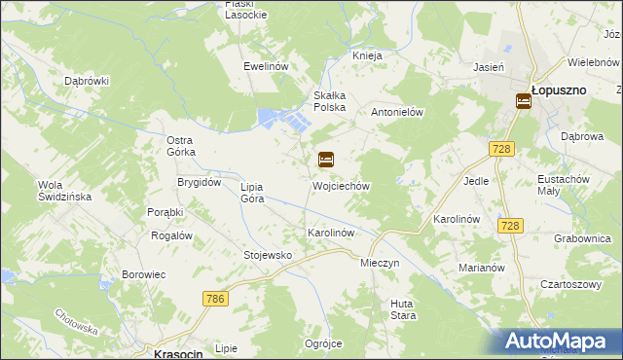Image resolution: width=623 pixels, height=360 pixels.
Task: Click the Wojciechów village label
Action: (341, 185)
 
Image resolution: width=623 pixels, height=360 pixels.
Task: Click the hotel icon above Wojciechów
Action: (326, 160)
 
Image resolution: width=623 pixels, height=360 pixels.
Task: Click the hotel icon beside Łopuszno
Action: (523, 100)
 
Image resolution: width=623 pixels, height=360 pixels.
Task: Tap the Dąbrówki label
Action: (87, 81)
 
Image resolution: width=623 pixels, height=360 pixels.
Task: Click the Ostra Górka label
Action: (181, 146)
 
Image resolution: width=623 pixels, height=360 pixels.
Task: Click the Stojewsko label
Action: (268, 255)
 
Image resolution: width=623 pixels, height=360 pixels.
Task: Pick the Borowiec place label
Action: (144, 274)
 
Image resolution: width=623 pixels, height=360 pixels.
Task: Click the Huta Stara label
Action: (403, 308)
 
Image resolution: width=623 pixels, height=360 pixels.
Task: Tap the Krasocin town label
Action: (178, 354)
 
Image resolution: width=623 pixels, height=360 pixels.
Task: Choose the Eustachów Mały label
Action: (565, 185)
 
